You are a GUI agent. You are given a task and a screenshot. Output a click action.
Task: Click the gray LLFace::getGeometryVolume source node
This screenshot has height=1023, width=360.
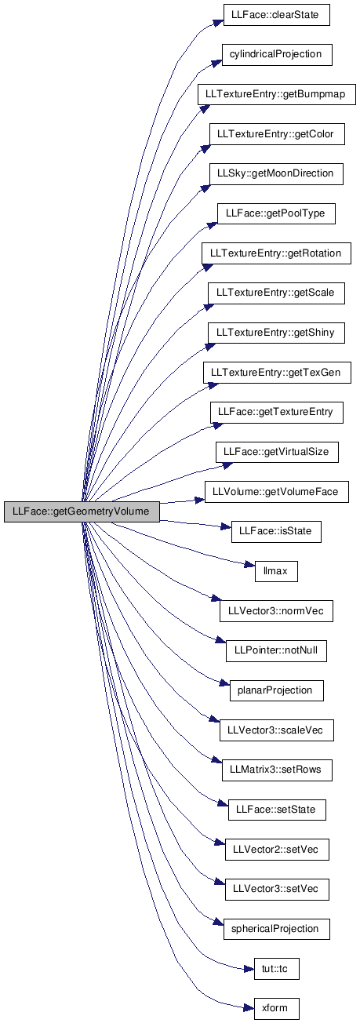(82, 511)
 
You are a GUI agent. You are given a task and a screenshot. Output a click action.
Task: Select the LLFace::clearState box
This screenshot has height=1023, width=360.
(275, 15)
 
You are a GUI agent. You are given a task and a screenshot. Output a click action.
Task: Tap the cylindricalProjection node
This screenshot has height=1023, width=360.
(276, 55)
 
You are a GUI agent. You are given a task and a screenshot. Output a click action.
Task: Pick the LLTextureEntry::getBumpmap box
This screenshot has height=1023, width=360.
(276, 95)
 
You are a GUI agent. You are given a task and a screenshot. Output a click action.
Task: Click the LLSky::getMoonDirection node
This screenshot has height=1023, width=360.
(276, 174)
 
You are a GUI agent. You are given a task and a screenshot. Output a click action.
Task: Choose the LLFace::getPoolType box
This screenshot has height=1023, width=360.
(275, 213)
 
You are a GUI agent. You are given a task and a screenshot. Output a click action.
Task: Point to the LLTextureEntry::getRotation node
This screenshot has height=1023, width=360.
(276, 253)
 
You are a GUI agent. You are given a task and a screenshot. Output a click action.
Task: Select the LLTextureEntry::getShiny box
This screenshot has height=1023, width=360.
(276, 333)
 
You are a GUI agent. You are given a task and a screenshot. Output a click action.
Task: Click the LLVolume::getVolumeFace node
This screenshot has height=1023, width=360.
(276, 492)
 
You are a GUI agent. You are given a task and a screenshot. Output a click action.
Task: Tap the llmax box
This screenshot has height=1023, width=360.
(276, 571)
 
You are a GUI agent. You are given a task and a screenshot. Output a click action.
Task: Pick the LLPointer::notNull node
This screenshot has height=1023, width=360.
(276, 651)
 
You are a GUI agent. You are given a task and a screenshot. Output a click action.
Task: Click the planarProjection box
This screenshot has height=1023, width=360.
(276, 690)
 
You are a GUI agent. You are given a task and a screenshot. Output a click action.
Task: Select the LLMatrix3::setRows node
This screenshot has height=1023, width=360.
(276, 770)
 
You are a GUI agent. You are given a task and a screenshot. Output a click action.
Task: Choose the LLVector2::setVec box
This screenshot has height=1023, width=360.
(276, 850)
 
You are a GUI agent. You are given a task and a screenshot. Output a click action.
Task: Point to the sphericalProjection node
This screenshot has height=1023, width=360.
(276, 929)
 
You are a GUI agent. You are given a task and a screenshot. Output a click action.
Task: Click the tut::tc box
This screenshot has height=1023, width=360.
(276, 969)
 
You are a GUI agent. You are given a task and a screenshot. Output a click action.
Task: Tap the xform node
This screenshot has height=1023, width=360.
(276, 1008)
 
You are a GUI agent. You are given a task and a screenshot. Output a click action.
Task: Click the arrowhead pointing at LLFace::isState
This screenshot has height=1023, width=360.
(226, 527)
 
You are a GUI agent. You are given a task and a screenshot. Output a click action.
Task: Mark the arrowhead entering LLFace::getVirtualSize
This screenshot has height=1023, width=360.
(227, 466)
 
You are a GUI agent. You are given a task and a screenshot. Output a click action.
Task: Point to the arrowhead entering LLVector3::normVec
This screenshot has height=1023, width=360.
(215, 599)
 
